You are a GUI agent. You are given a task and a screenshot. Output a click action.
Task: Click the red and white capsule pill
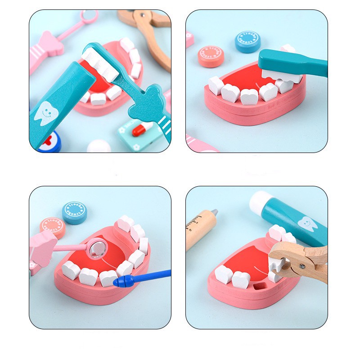[139, 130]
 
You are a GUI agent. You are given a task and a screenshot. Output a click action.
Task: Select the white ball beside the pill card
[99, 146]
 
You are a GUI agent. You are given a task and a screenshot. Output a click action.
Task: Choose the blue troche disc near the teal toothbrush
[247, 42]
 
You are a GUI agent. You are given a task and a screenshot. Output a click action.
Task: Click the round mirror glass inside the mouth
[96, 248]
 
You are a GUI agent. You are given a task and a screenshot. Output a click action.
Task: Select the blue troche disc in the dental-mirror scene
[74, 212]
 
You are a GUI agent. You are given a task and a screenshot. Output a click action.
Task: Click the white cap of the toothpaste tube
[261, 203]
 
